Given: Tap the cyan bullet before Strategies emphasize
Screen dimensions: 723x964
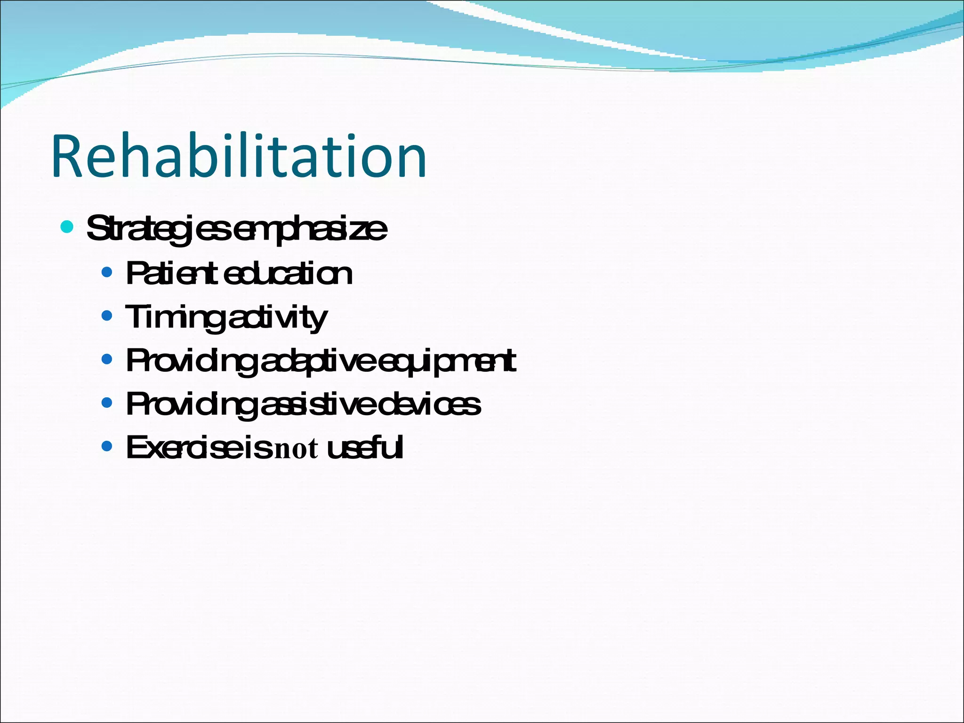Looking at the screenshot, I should pyautogui.click(x=67, y=227).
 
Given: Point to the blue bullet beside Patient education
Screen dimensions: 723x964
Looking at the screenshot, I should pyautogui.click(x=107, y=272).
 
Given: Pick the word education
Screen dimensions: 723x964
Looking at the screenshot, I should pyautogui.click(x=288, y=273).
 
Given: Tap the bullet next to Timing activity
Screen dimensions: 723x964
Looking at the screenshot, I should pyautogui.click(x=107, y=315).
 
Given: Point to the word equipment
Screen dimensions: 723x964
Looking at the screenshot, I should pyautogui.click(x=447, y=361).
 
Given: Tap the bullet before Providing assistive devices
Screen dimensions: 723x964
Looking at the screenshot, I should pyautogui.click(x=107, y=403).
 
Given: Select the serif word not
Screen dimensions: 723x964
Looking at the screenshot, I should pyautogui.click(x=296, y=449).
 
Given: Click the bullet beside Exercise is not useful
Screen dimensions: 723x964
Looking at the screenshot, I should pyautogui.click(x=107, y=446).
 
